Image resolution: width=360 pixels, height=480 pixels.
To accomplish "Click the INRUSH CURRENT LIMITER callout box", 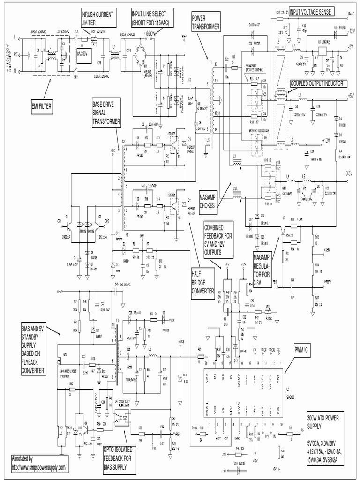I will [x=98, y=17].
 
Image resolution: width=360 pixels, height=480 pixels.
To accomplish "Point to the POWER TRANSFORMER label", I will [x=205, y=22].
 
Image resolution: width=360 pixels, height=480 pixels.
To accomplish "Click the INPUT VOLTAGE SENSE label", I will [x=311, y=13].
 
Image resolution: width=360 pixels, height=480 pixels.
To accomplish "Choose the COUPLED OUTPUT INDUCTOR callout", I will [x=316, y=83].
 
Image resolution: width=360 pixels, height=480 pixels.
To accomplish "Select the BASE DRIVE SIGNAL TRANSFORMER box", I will [x=106, y=112].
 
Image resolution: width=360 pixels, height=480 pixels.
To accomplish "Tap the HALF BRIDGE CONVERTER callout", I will [x=202, y=281].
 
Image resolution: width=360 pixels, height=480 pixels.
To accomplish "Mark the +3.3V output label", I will [x=347, y=173].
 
